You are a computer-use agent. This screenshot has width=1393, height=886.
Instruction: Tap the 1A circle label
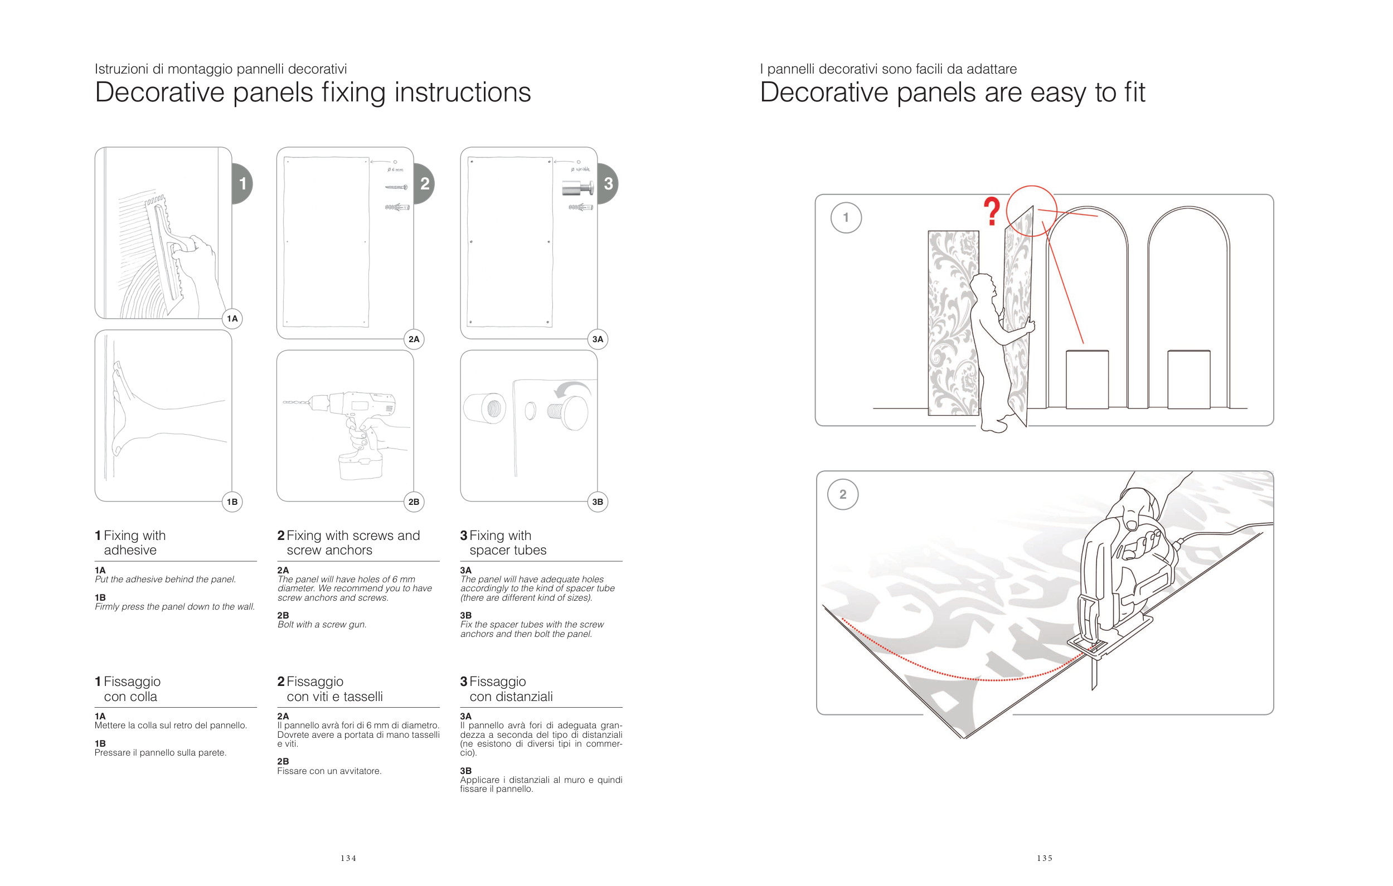click(x=232, y=319)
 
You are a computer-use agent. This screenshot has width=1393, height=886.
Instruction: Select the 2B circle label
click(x=414, y=502)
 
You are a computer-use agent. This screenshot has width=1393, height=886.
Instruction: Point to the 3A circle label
click(x=598, y=339)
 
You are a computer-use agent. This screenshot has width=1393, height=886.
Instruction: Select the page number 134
click(x=348, y=858)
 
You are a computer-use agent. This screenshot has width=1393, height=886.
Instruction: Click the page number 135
click(x=1044, y=858)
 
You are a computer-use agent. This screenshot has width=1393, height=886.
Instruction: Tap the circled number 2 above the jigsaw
click(x=843, y=494)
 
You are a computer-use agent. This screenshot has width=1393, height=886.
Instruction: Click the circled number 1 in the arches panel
click(x=846, y=217)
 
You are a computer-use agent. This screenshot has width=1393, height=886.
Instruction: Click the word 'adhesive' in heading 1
click(x=130, y=550)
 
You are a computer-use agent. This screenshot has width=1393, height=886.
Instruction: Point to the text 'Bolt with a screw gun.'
click(x=322, y=625)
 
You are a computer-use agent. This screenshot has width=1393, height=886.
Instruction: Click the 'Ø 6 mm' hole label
click(x=396, y=170)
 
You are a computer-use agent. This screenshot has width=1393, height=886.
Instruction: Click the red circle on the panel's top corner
click(x=1031, y=211)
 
